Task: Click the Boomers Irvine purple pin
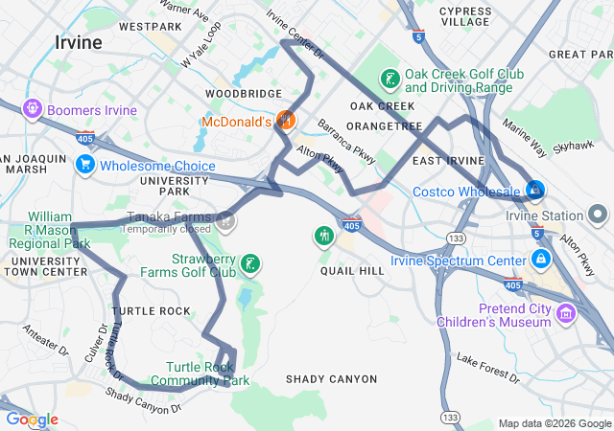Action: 32,109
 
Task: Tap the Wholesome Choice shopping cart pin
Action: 84,166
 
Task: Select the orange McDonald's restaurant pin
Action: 284,121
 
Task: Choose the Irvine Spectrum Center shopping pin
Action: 541,261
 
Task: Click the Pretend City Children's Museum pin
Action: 566,313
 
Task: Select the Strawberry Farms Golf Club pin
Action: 249,264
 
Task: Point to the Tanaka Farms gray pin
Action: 224,221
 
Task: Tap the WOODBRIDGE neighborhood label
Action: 243,94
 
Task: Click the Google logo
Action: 32,420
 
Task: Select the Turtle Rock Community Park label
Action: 206,374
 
